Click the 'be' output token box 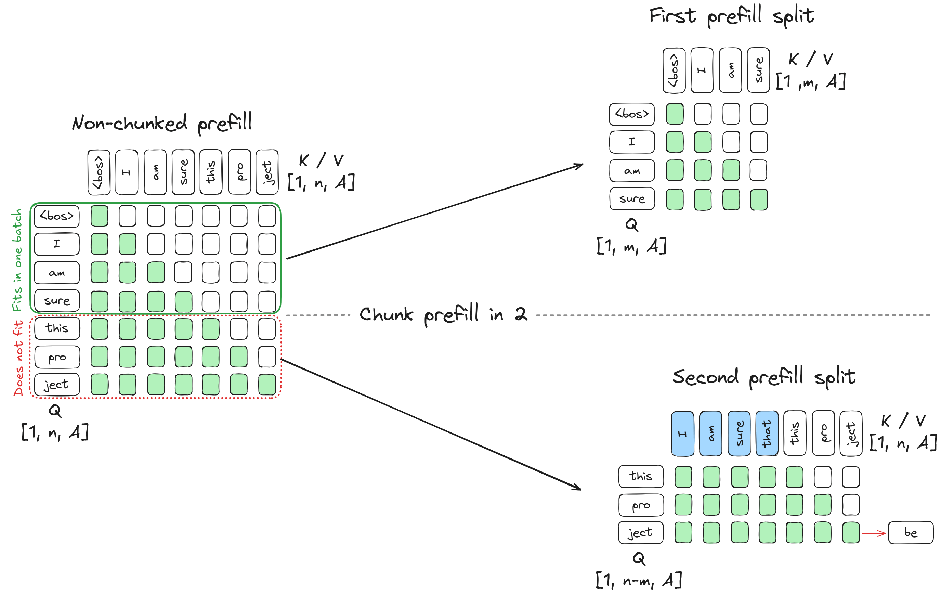pyautogui.click(x=911, y=532)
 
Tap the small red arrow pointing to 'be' pyautogui.click(x=874, y=533)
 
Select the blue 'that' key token pyautogui.click(x=767, y=433)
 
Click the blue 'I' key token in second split pyautogui.click(x=682, y=433)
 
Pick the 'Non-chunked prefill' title pyautogui.click(x=162, y=123)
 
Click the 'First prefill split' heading pyautogui.click(x=731, y=16)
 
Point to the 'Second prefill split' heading pyautogui.click(x=763, y=377)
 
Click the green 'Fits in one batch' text pyautogui.click(x=17, y=260)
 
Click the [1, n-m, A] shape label pyautogui.click(x=639, y=580)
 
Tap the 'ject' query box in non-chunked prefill pyautogui.click(x=57, y=385)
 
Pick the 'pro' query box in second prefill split pyautogui.click(x=641, y=505)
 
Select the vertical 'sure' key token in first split pyautogui.click(x=758, y=70)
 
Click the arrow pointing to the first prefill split pyautogui.click(x=434, y=211)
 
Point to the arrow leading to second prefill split pyautogui.click(x=430, y=424)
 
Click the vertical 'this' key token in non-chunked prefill pyautogui.click(x=211, y=172)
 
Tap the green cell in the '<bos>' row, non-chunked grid pyautogui.click(x=99, y=216)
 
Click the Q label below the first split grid pyautogui.click(x=631, y=224)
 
